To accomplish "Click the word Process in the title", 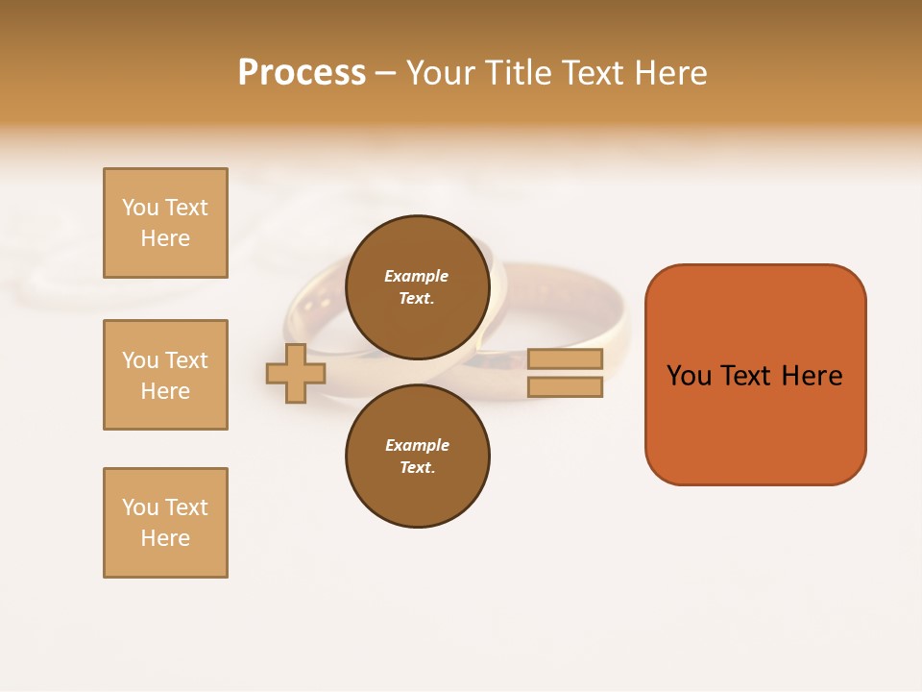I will pyautogui.click(x=302, y=73).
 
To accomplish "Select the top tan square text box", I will pyautogui.click(x=165, y=223).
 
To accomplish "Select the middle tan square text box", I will pyautogui.click(x=165, y=375).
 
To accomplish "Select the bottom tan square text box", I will pyautogui.click(x=165, y=523).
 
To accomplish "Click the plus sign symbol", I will pyautogui.click(x=296, y=373).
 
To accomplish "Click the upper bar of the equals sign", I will pyautogui.click(x=565, y=358).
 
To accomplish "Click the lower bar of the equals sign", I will pyautogui.click(x=565, y=387).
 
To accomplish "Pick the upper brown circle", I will pyautogui.click(x=417, y=287).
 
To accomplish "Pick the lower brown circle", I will pyautogui.click(x=417, y=457).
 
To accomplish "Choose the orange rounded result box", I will pyautogui.click(x=755, y=375).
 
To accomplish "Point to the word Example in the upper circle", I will pyautogui.click(x=417, y=276).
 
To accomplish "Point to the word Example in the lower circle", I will pyautogui.click(x=417, y=445).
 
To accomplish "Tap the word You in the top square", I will pyautogui.click(x=139, y=208).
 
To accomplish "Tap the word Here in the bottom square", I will pyautogui.click(x=165, y=538).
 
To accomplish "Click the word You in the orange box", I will pyautogui.click(x=689, y=376).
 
